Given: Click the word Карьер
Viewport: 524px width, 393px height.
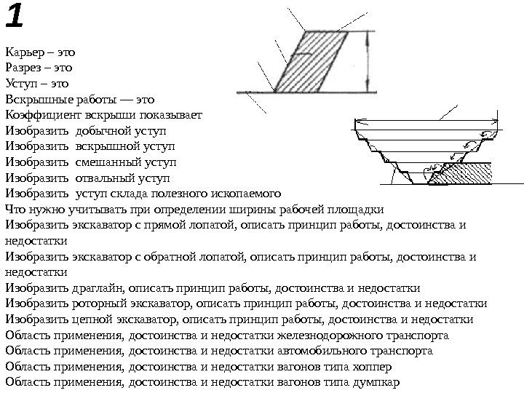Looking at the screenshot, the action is coord(24,52).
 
